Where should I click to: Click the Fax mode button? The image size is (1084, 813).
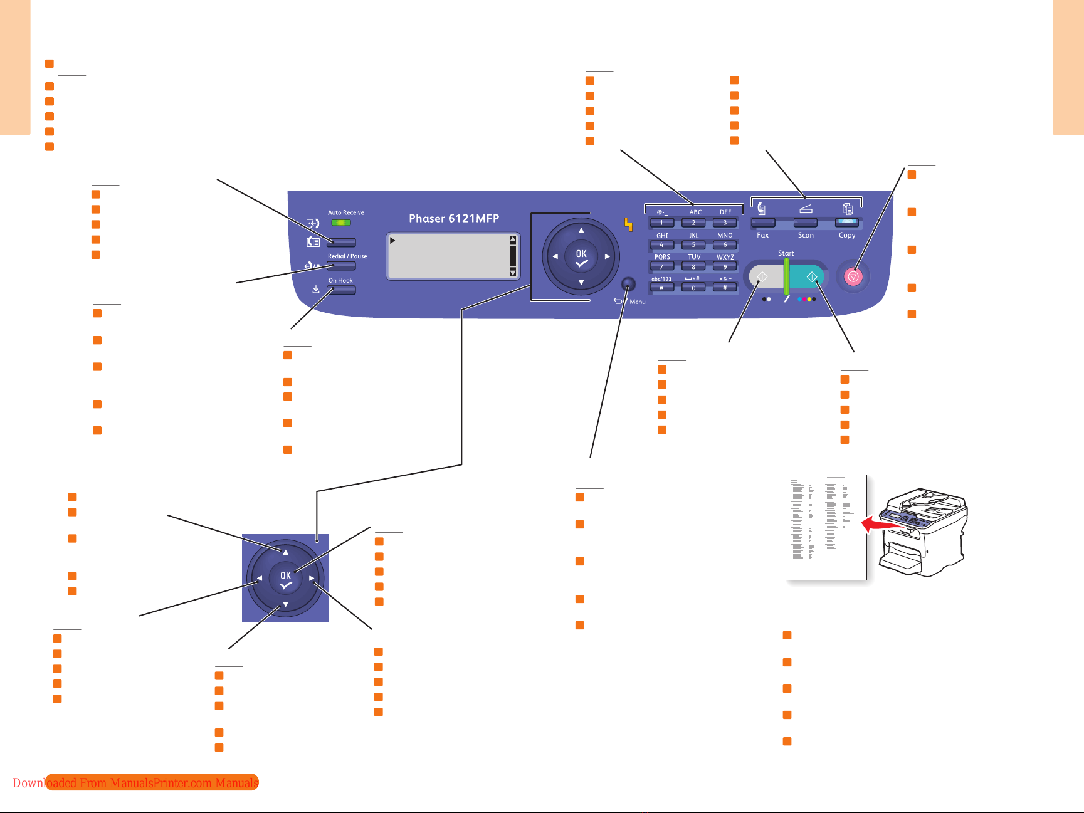pos(763,223)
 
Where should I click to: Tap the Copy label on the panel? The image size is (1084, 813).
pos(847,236)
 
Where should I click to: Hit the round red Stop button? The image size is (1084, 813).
pos(853,276)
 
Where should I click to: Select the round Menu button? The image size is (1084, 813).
pos(628,285)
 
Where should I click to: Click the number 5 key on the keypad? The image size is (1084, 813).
pos(693,245)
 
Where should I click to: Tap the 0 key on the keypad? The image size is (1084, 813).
pos(693,288)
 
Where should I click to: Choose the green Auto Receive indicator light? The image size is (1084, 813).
pos(341,223)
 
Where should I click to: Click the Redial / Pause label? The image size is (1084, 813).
pos(347,256)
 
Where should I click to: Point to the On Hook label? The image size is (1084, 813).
pos(340,281)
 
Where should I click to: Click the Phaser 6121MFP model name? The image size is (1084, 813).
pos(454,219)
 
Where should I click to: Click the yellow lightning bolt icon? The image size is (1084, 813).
pos(628,224)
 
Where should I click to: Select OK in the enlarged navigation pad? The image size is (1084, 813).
pos(286,579)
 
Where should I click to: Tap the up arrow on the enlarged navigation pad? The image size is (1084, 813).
pos(285,552)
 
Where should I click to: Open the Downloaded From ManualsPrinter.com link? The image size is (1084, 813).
pos(135,783)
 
